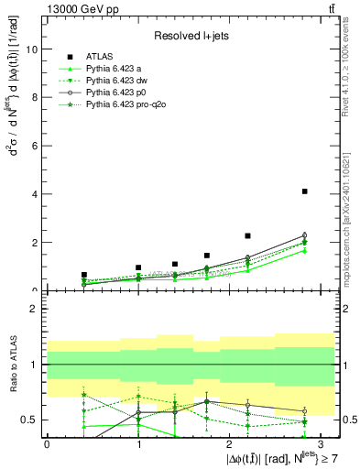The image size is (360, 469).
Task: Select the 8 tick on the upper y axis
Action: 37,98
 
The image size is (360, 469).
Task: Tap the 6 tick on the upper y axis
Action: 37,146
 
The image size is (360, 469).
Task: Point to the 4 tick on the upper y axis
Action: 37,194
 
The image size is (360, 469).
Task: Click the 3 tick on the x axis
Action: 322,443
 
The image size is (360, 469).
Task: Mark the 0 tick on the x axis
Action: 47,443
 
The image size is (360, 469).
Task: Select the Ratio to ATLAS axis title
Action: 12,364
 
